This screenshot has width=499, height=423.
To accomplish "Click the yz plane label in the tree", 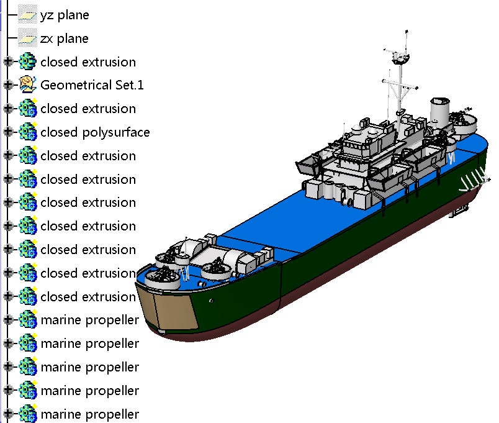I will click(x=65, y=15).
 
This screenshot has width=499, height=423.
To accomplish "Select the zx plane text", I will click(x=65, y=39).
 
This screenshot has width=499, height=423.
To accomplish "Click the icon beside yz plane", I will click(x=27, y=15).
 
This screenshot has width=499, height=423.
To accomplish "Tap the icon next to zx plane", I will click(x=27, y=39).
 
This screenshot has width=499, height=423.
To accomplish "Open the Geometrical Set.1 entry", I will click(x=92, y=85).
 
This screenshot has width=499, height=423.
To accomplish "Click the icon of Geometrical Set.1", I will click(x=28, y=85).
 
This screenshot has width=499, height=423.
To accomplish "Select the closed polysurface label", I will click(x=95, y=132).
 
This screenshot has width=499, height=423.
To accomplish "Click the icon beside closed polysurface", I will click(x=28, y=132).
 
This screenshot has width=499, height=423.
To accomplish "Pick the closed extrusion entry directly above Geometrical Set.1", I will click(x=88, y=62).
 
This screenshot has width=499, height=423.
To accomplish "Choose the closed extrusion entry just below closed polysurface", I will click(x=88, y=156).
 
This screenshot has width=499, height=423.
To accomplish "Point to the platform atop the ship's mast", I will click(x=400, y=59).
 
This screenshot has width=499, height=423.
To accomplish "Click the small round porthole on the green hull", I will click(x=212, y=301).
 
